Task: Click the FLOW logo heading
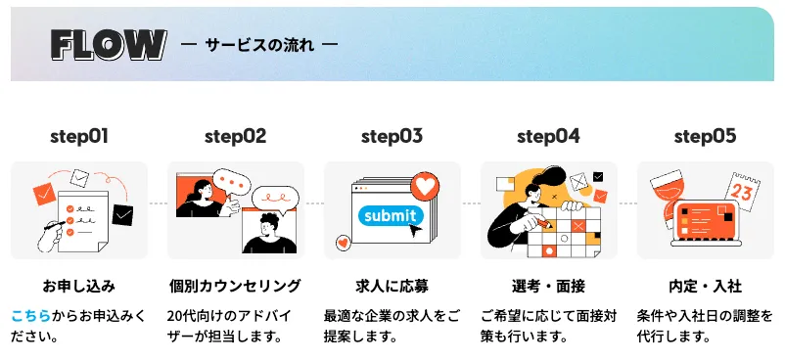coord(108,44)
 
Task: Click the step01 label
coord(79,136)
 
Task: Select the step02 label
coord(235,136)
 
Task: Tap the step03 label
coord(392,136)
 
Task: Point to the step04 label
coord(548,136)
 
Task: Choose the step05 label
coord(705,136)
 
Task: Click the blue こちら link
coord(30,315)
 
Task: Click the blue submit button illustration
coord(390,215)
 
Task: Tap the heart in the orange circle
coord(424,184)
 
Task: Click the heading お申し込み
coord(78,287)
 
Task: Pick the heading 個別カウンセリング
coord(235,287)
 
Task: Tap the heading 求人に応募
coord(392,287)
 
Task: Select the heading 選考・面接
coord(548,287)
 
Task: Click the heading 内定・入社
coord(705,287)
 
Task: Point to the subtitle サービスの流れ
coord(259,45)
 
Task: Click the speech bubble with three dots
coord(233,182)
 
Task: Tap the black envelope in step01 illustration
coord(122,212)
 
